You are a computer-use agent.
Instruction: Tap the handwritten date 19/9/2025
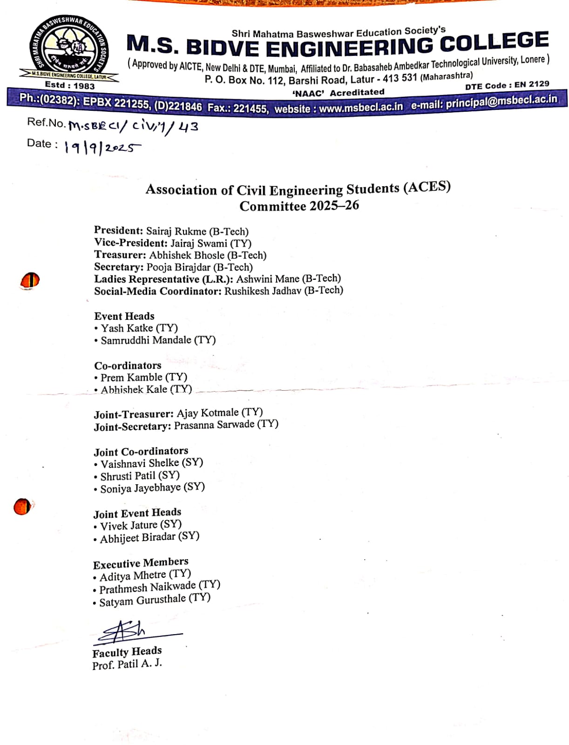coord(102,148)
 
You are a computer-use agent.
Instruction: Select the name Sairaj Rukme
coord(176,231)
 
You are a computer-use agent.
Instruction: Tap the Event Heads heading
coord(124,316)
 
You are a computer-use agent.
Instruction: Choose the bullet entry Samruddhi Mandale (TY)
coord(158,340)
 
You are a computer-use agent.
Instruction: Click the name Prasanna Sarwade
coord(214,425)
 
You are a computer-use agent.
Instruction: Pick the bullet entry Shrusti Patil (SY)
coord(140,476)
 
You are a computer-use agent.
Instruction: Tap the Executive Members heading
coord(141,563)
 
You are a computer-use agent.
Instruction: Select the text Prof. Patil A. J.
coord(127,664)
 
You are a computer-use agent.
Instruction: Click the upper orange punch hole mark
coord(30,281)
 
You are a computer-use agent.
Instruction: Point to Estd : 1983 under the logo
coord(69,86)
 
